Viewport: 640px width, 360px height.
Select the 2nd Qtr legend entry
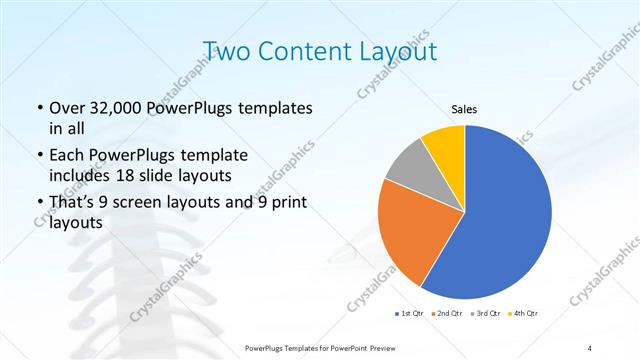pyautogui.click(x=446, y=314)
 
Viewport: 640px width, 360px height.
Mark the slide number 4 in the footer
pyautogui.click(x=589, y=347)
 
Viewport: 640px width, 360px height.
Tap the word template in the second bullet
pyautogui.click(x=210, y=156)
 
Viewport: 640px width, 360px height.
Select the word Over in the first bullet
pyautogui.click(x=66, y=107)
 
